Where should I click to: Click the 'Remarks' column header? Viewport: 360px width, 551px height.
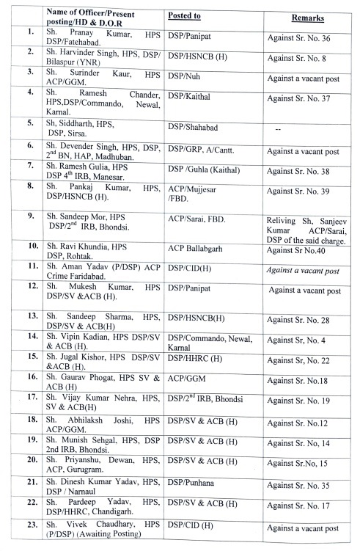click(308, 16)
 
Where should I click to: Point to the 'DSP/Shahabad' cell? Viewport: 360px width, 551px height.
click(195, 127)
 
